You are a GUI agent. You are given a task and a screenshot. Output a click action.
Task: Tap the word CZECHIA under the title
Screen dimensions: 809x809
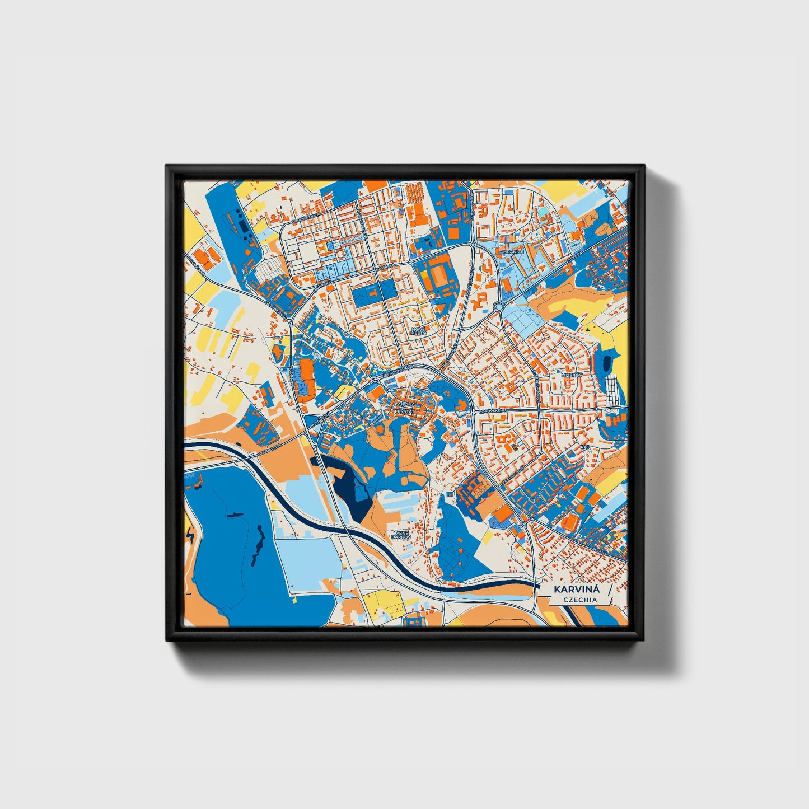580,600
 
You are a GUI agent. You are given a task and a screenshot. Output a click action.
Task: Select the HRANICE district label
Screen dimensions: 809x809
513,252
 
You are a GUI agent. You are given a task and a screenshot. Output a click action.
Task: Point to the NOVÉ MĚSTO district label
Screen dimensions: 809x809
418,331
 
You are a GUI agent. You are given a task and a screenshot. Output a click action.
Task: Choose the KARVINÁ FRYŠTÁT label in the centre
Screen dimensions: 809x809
404,407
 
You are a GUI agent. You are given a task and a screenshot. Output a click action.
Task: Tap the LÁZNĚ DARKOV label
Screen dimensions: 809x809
401,535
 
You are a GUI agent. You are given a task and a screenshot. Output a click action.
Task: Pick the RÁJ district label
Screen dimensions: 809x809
585,448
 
